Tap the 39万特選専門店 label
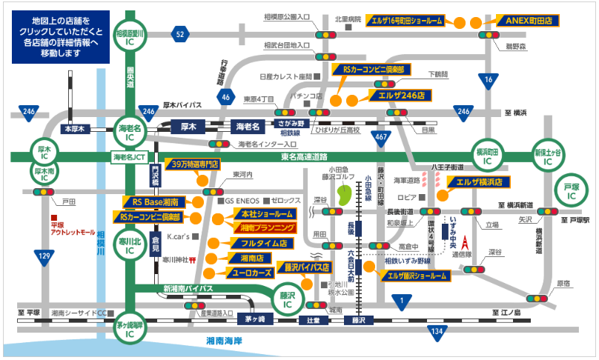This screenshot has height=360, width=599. [193, 164]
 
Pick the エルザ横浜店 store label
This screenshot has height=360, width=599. [480, 181]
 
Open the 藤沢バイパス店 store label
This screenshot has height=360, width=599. [302, 267]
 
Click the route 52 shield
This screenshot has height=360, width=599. [179, 34]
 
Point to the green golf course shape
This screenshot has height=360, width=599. [343, 196]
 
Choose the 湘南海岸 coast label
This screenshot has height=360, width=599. [236, 341]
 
